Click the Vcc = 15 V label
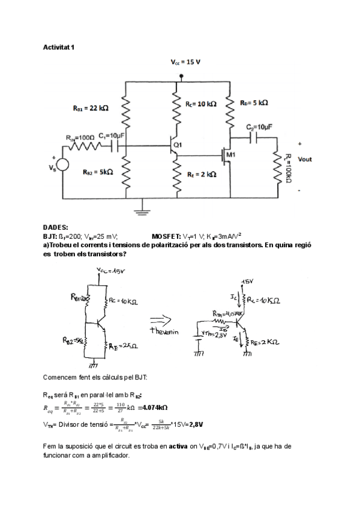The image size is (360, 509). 185,62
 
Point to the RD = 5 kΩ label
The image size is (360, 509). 254,103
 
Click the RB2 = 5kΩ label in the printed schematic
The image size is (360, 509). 98,171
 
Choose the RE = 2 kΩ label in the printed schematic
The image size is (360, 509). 202,174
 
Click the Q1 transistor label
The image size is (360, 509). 177,146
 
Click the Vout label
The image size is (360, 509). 305,159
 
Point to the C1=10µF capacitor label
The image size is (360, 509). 111,136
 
